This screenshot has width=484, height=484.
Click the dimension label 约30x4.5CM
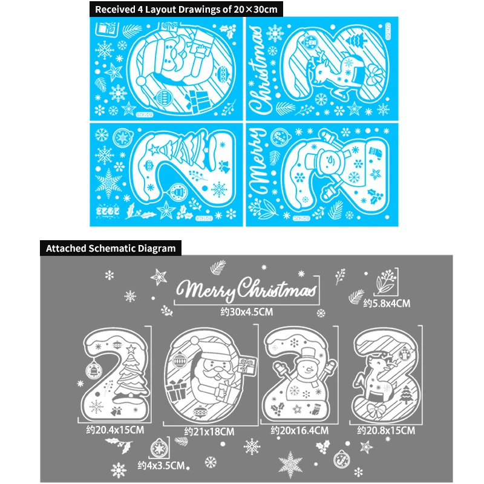click(247, 312)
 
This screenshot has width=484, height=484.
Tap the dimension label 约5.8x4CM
click(387, 303)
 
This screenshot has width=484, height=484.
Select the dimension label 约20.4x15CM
click(115, 430)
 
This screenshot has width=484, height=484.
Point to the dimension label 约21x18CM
click(209, 431)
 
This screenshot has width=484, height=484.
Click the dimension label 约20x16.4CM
click(299, 431)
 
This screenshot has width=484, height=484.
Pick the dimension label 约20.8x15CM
click(386, 431)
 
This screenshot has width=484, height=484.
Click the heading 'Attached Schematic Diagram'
click(111, 248)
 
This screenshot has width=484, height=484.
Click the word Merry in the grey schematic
click(209, 290)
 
